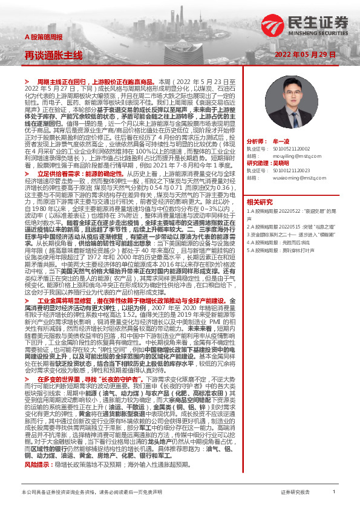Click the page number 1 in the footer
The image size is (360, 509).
tap(334, 493)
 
